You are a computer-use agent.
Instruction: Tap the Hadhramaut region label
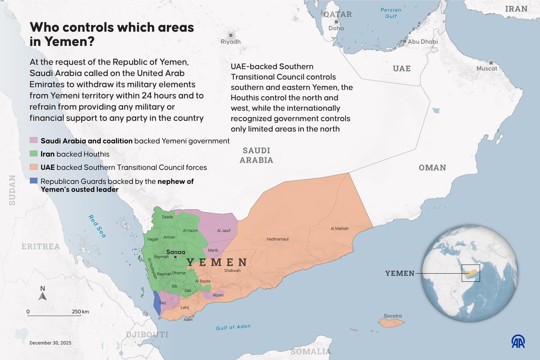pos(278,239)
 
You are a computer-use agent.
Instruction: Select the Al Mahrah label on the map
pos(340,228)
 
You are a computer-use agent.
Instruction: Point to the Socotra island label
pos(393,316)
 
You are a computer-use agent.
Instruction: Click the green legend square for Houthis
pos(34,154)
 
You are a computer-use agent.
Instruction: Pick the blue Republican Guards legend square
pos(34,181)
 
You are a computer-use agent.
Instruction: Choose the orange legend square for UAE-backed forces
pos(34,168)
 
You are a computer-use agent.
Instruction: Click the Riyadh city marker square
pos(231,35)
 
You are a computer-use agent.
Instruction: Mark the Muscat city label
pos(487,68)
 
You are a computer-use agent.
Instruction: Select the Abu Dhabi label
pos(423,42)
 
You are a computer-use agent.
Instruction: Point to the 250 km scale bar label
pos(80,311)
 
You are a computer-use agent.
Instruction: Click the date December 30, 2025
pos(50,343)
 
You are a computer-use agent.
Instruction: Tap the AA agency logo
pos(518,341)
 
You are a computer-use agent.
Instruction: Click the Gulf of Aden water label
pos(233,327)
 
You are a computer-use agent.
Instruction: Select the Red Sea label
pos(97,226)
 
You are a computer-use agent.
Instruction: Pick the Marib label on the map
pos(213,250)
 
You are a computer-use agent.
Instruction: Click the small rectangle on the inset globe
pos(471,273)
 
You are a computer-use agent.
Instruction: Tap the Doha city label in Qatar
pos(336,28)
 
